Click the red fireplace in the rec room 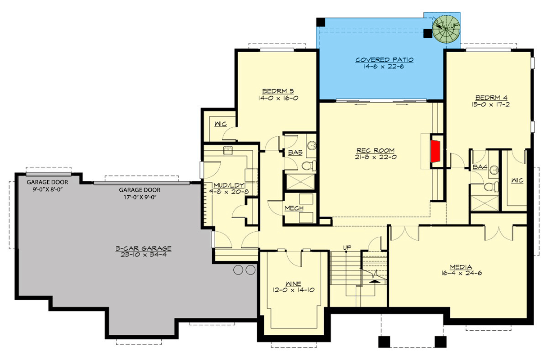pyautogui.click(x=436, y=151)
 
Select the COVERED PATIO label pyautogui.click(x=384, y=60)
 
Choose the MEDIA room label pyautogui.click(x=460, y=266)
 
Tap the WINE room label pyautogui.click(x=293, y=283)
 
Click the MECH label pyautogui.click(x=294, y=208)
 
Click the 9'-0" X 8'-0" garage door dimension pyautogui.click(x=48, y=189)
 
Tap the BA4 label pyautogui.click(x=480, y=167)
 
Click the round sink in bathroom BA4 pyautogui.click(x=494, y=170)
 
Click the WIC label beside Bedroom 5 pyautogui.click(x=220, y=124)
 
